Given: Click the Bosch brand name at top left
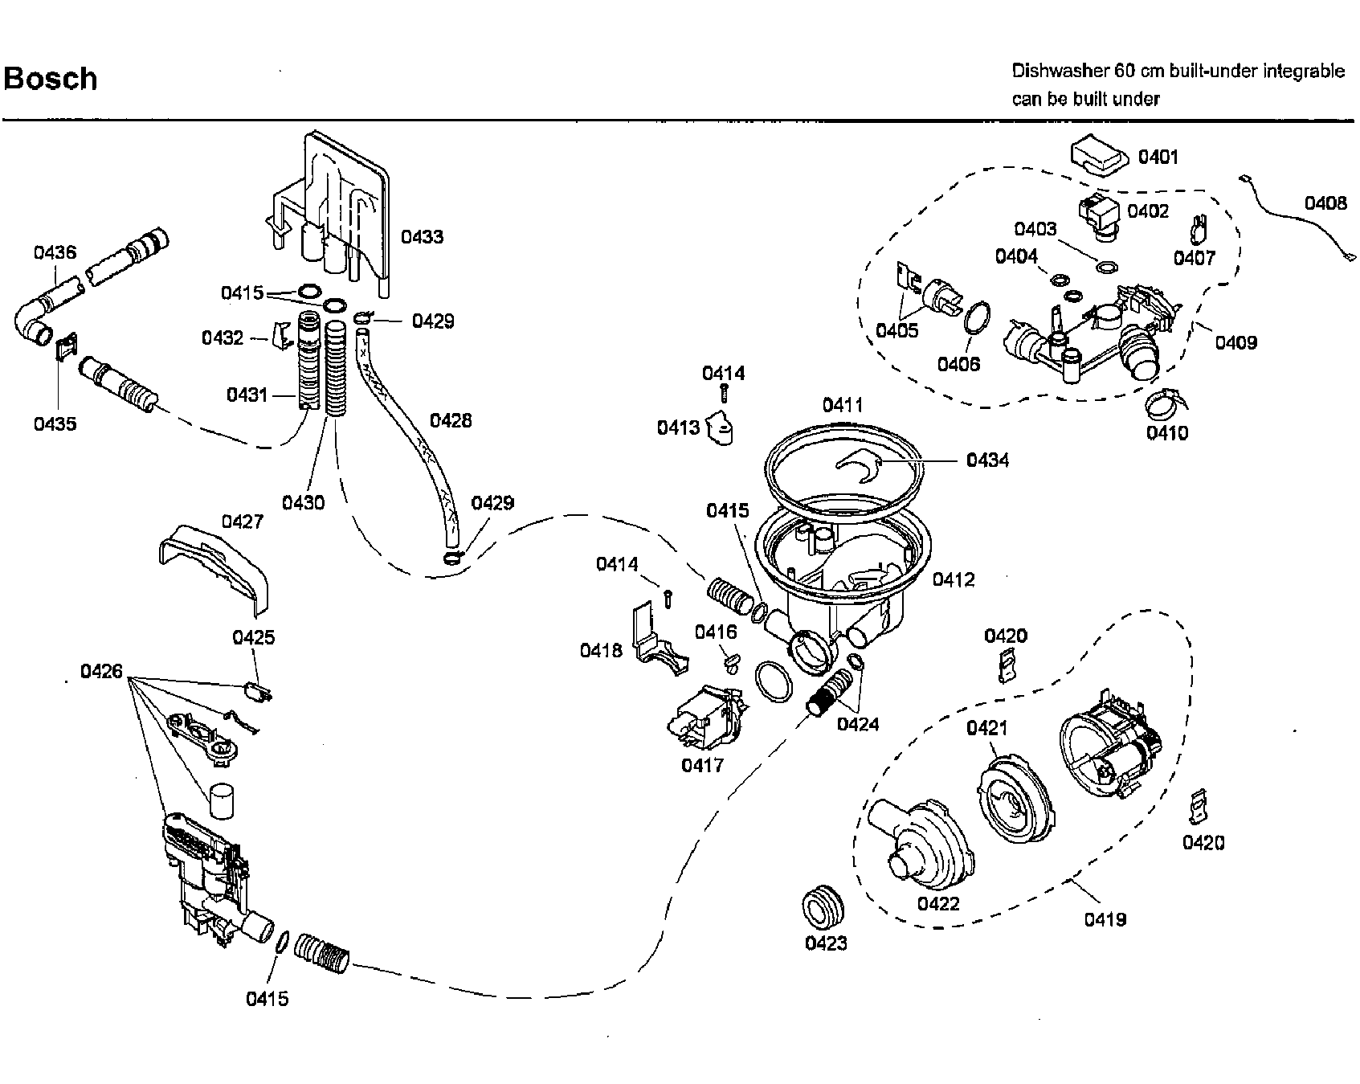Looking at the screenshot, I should coord(51,79).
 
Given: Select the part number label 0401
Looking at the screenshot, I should coord(1158,157).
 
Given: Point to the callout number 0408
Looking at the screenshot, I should coord(1325,203).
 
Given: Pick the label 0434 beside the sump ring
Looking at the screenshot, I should coord(987,460).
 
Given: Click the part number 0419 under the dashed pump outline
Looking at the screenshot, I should coord(1105,919).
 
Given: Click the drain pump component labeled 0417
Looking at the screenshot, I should coord(705,718).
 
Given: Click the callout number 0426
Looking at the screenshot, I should coord(101,670).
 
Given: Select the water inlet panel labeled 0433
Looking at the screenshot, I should coord(337,201).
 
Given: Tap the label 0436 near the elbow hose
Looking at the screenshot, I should coord(55,252).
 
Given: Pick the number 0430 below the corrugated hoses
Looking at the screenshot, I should coord(303,503).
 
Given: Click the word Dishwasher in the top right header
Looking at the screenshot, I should coord(1060,71).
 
